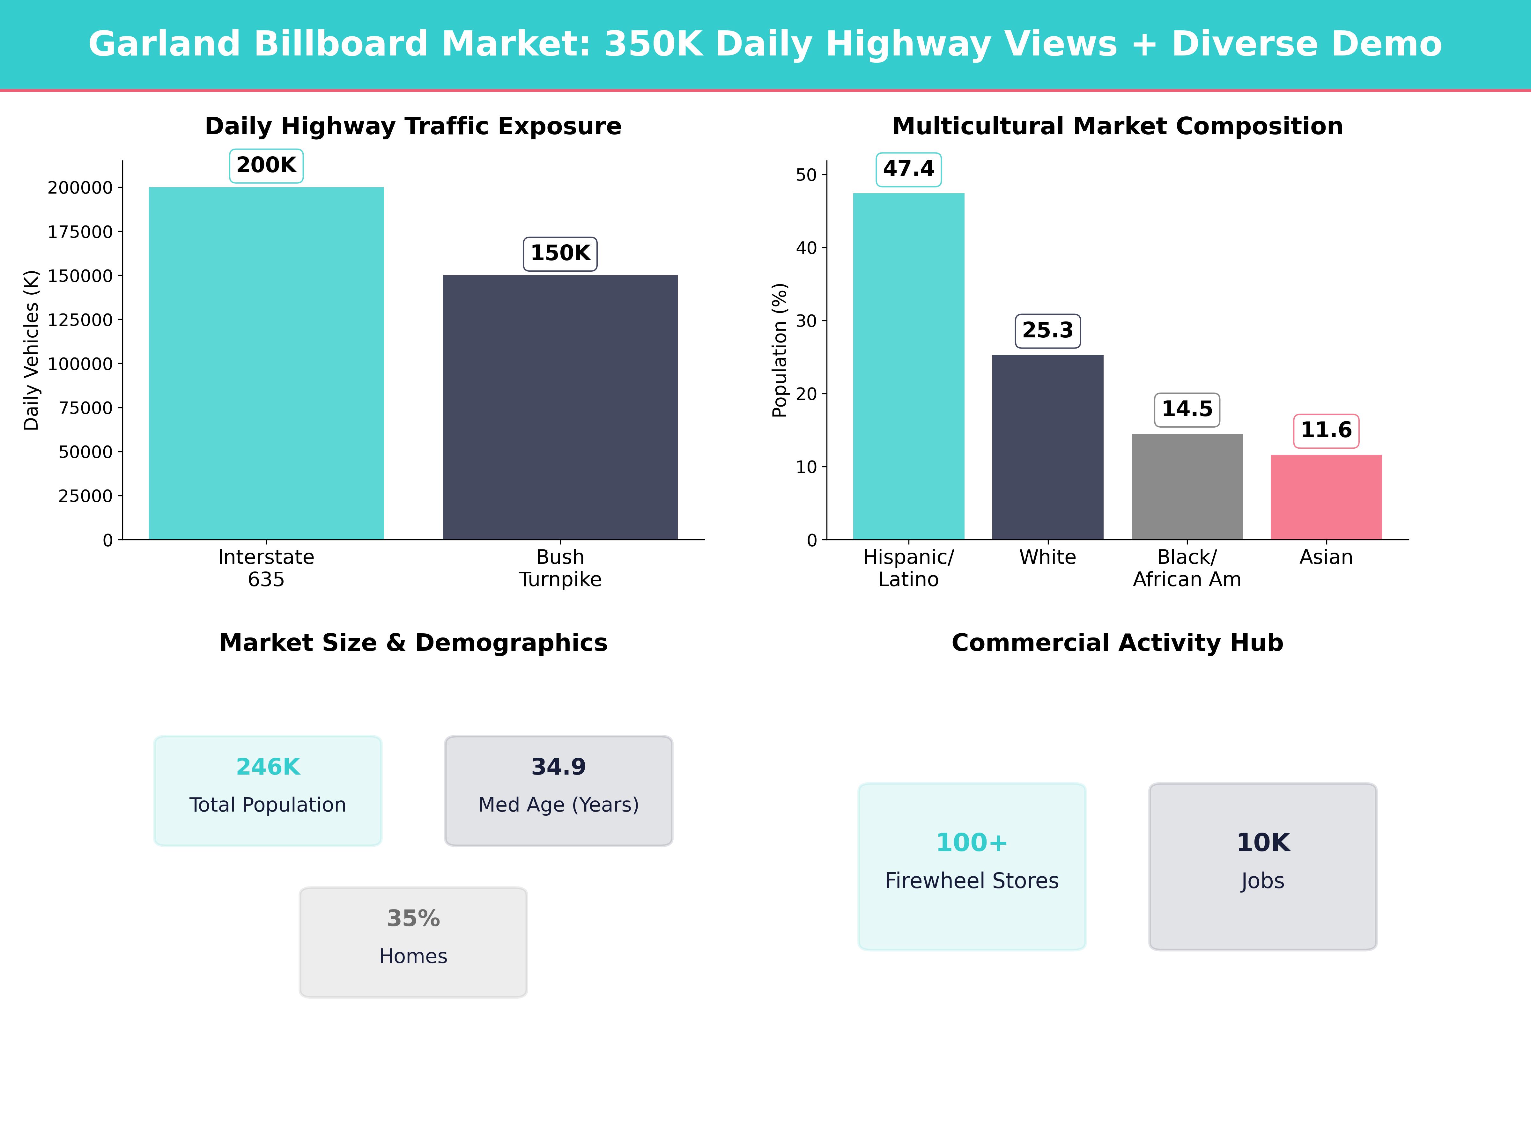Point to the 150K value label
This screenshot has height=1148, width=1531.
coord(560,253)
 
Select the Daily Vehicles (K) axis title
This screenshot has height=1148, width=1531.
coord(31,350)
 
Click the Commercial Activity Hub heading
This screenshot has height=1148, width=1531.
coord(1117,643)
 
